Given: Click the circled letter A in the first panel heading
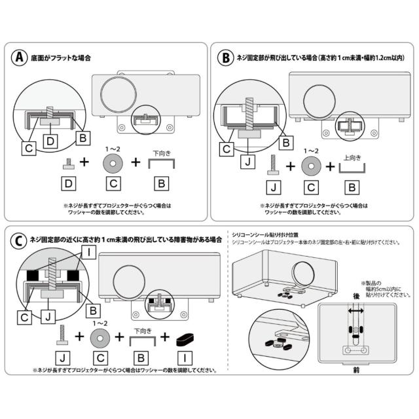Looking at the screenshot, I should (x=20, y=58).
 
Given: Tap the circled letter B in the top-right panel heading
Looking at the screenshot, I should (x=225, y=58).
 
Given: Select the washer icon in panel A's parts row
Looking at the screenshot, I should (x=112, y=160).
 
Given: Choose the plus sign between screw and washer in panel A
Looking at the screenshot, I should (x=84, y=161).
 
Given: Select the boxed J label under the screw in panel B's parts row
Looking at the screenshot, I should (x=275, y=188).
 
